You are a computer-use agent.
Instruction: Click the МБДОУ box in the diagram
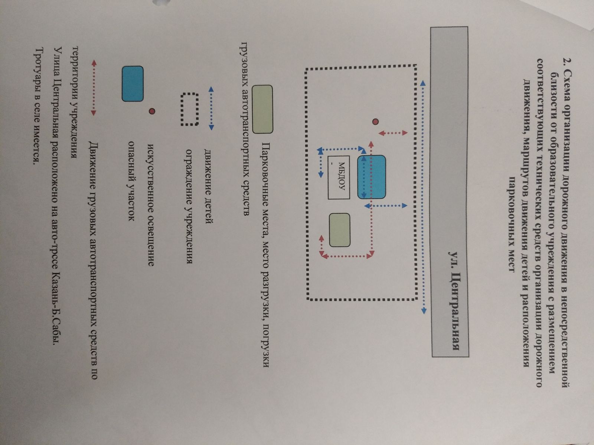[338, 177]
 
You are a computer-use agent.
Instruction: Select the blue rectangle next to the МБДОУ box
[371, 177]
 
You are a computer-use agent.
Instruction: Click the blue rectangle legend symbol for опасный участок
[133, 83]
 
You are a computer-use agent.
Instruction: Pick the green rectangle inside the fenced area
[340, 230]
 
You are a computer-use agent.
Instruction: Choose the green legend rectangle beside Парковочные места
[262, 109]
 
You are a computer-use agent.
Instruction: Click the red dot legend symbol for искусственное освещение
[151, 111]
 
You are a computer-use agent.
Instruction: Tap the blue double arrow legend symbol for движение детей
[211, 108]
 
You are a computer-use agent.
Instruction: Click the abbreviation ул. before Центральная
[454, 258]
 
